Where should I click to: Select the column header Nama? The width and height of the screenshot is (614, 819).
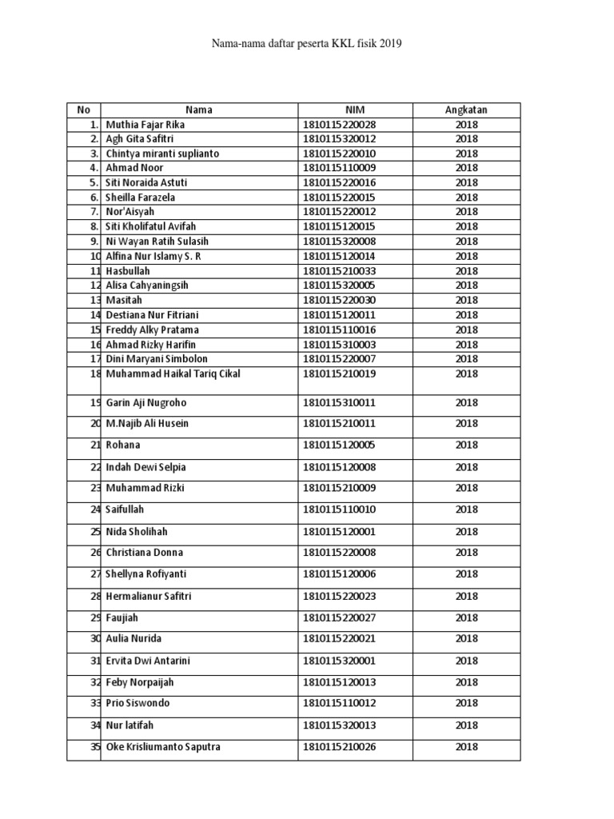click(199, 110)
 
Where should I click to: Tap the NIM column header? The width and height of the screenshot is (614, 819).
click(355, 110)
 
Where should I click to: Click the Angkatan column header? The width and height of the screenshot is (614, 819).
click(466, 110)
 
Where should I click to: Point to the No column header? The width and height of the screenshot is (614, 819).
click(83, 110)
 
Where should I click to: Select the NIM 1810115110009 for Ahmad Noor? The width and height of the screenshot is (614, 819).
click(339, 168)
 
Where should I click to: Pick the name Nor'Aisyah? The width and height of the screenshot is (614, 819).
click(130, 212)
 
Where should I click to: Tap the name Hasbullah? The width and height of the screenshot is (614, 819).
click(128, 271)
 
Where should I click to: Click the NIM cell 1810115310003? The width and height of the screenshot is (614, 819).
click(339, 345)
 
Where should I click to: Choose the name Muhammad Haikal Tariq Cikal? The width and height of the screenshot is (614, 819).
click(173, 374)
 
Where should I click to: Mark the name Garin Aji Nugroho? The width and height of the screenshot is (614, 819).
click(146, 403)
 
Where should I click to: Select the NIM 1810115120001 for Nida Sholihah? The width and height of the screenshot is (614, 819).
click(339, 532)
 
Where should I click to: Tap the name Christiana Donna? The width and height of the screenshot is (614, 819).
click(144, 553)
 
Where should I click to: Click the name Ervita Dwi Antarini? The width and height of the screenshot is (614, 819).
click(148, 661)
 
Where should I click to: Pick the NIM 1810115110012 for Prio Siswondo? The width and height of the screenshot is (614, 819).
click(339, 704)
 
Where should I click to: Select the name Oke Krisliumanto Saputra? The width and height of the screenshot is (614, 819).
click(163, 747)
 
